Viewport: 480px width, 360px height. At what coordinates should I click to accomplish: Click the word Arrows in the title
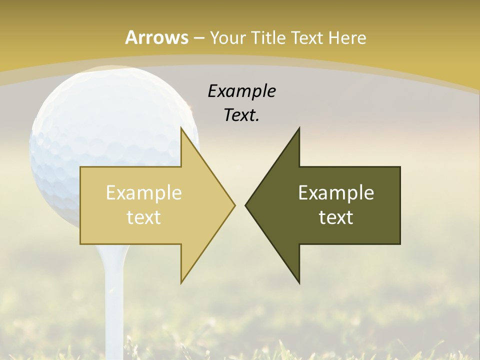(x=157, y=37)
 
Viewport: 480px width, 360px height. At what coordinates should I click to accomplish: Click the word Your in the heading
(x=227, y=37)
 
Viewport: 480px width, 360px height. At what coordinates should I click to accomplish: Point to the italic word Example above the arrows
(x=241, y=91)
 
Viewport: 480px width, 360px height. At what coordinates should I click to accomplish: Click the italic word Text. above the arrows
(x=241, y=115)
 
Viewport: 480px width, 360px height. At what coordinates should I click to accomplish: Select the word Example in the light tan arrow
(x=144, y=193)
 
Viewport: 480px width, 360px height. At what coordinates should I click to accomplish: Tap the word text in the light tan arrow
(x=144, y=217)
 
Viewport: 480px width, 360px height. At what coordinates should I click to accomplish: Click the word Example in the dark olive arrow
(x=336, y=193)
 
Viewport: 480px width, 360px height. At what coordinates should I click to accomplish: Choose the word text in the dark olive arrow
(x=336, y=217)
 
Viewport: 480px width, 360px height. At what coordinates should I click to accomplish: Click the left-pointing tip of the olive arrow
(x=246, y=205)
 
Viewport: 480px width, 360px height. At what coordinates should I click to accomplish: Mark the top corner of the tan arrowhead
(x=181, y=128)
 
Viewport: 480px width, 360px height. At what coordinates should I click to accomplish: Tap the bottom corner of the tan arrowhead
(x=181, y=282)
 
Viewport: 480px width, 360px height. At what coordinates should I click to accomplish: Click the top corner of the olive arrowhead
(x=299, y=128)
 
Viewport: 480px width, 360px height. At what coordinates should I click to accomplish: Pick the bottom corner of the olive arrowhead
(x=299, y=282)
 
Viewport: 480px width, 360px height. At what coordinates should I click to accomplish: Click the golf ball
(x=100, y=130)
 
